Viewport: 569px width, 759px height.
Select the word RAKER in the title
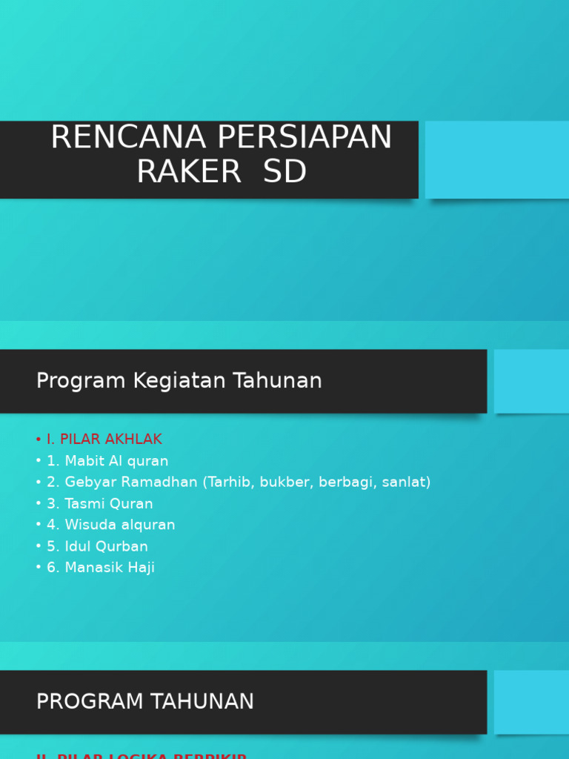(x=189, y=172)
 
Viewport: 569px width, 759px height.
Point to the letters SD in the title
(x=285, y=172)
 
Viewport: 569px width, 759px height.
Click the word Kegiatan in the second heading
(x=180, y=381)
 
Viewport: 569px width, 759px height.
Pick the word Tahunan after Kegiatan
(x=277, y=381)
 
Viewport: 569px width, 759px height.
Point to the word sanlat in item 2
(x=407, y=483)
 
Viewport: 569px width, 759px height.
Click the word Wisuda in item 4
(x=89, y=526)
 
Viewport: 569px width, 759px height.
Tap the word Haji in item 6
(x=139, y=569)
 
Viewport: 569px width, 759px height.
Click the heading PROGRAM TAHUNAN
(x=145, y=702)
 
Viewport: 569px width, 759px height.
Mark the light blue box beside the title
(x=497, y=159)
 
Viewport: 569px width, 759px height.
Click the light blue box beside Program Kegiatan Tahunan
(x=531, y=381)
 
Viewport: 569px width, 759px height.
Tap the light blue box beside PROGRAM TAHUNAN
(x=531, y=702)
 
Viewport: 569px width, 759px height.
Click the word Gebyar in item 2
(x=87, y=483)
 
